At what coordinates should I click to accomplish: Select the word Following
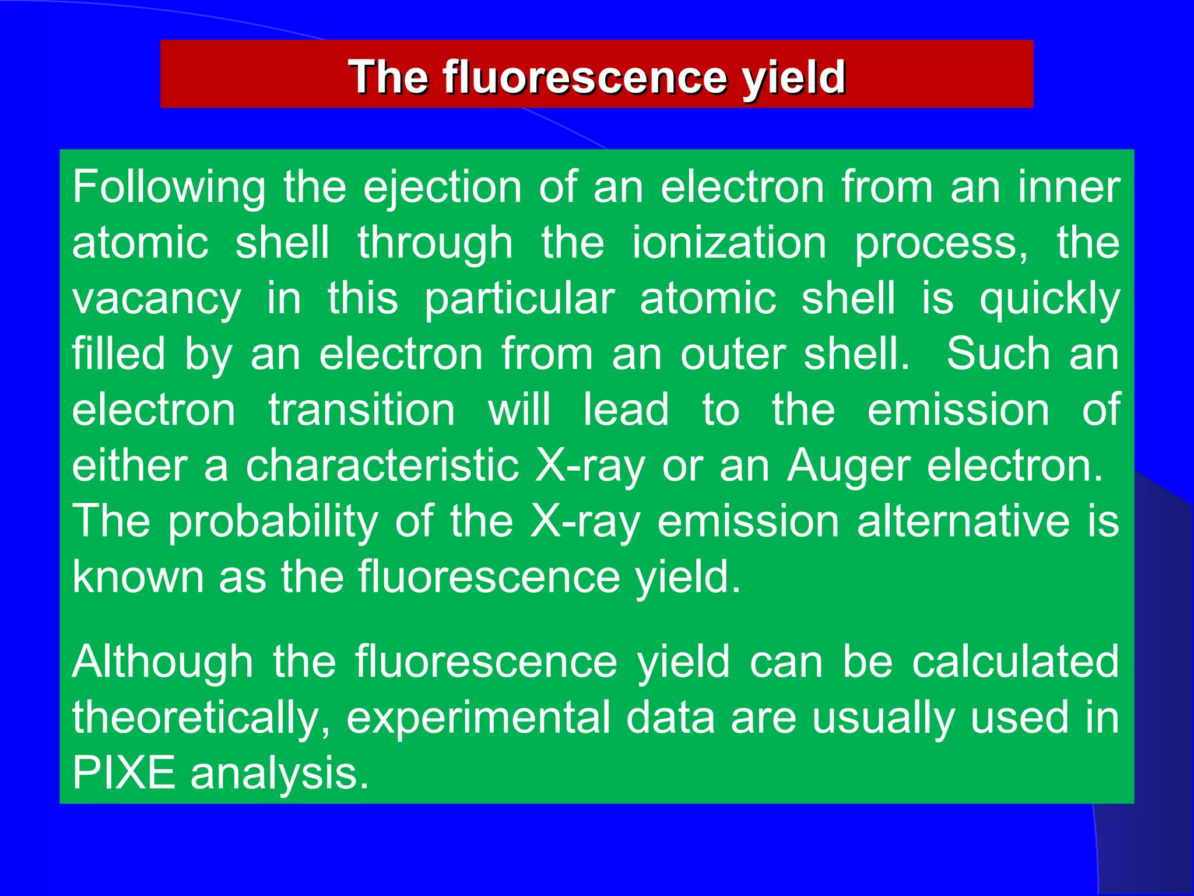(169, 188)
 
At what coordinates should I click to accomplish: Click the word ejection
(443, 188)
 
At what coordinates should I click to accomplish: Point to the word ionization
(729, 243)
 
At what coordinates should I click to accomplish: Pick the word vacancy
(156, 299)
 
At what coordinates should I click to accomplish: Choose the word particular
(519, 299)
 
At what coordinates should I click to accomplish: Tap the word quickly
(1049, 299)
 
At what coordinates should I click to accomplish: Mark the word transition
(361, 409)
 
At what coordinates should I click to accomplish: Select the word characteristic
(382, 466)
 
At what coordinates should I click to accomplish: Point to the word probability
(273, 521)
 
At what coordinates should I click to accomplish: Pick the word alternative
(963, 521)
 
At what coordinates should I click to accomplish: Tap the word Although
(163, 662)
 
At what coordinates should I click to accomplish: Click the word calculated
(1015, 662)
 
